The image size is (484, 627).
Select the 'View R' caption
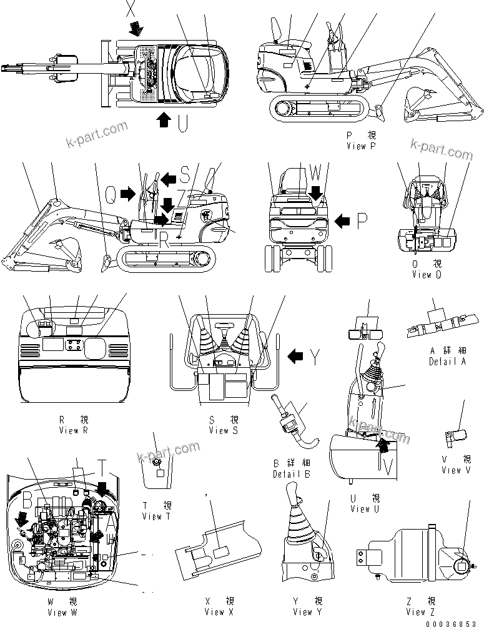(77, 430)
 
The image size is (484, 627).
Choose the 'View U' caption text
(365, 509)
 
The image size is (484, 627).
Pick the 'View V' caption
(451, 470)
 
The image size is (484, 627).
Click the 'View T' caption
(152, 516)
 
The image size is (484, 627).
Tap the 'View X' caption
(219, 613)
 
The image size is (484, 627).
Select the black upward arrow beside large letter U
(163, 119)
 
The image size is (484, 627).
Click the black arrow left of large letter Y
(295, 357)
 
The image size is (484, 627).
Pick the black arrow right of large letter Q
(128, 194)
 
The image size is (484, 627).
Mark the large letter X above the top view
(130, 8)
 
